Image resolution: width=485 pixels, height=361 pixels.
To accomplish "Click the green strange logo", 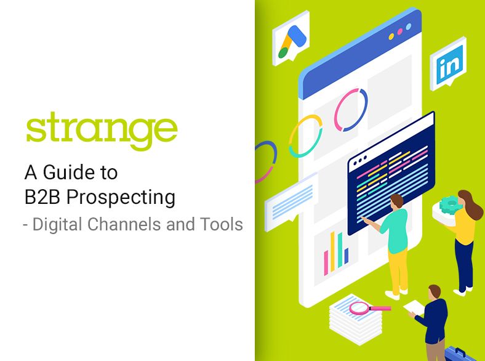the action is pyautogui.click(x=102, y=131).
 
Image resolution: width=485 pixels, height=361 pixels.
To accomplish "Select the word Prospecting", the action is pyautogui.click(x=121, y=198).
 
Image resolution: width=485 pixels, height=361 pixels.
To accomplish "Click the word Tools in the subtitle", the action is pyautogui.click(x=221, y=224).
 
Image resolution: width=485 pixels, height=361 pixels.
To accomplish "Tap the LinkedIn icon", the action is pyautogui.click(x=448, y=64).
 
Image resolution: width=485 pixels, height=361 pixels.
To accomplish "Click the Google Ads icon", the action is pyautogui.click(x=291, y=38).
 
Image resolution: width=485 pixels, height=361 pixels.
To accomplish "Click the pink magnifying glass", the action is pyautogui.click(x=370, y=308).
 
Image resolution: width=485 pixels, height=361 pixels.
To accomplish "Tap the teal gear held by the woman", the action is pyautogui.click(x=451, y=205).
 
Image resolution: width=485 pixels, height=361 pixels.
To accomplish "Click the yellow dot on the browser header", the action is pyautogui.click(x=391, y=36).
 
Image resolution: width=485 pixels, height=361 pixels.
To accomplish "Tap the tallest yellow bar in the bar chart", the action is pyautogui.click(x=332, y=251).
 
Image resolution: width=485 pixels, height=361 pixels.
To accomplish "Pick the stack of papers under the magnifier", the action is pyautogui.click(x=356, y=320).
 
